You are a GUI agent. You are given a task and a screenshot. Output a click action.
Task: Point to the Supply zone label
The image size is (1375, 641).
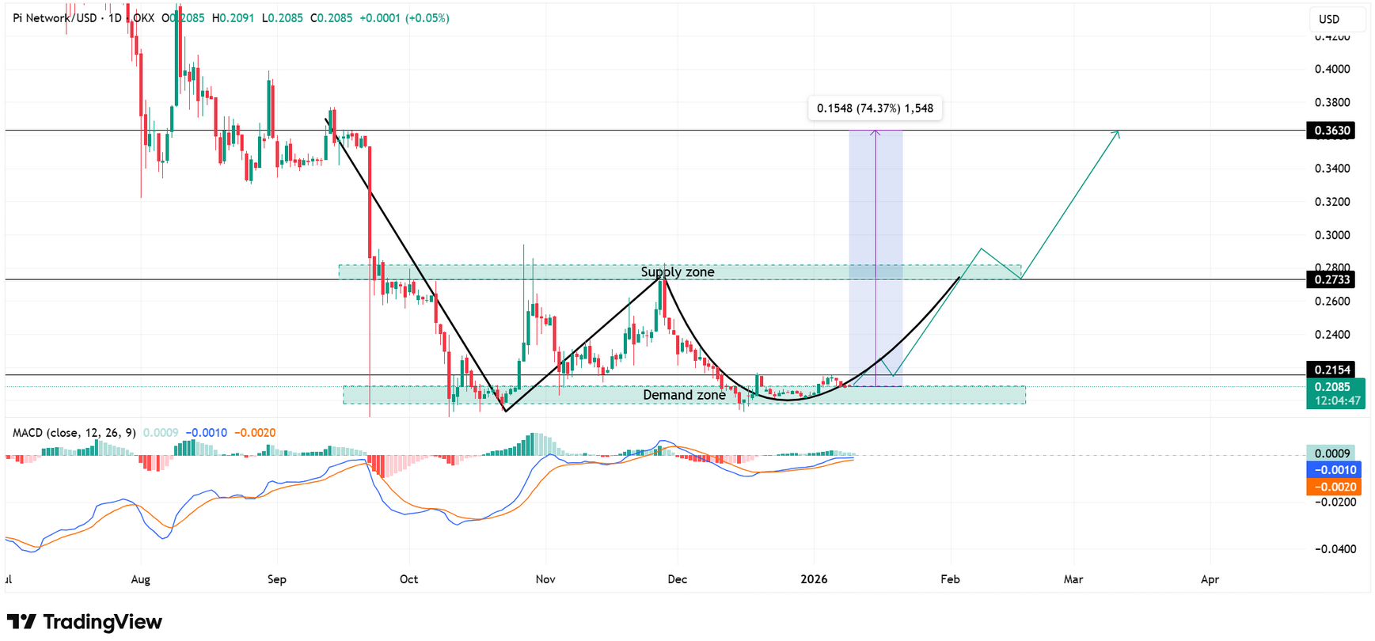point(678,272)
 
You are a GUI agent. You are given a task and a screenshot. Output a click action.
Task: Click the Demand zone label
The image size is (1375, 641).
point(684,395)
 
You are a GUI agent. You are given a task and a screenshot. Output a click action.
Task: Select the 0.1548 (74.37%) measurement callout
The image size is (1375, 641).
point(875,108)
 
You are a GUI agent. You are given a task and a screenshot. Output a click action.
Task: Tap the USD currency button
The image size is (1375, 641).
point(1329,19)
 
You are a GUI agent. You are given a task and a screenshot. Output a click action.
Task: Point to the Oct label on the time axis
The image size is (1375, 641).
point(408,579)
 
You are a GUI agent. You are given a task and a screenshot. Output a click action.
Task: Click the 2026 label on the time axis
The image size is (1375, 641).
point(814,579)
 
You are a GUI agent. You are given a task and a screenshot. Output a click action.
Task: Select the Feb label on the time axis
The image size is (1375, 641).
point(950,579)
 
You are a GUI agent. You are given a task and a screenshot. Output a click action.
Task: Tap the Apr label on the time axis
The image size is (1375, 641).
point(1210,579)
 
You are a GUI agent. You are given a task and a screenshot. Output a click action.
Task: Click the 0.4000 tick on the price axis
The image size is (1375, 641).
point(1332,70)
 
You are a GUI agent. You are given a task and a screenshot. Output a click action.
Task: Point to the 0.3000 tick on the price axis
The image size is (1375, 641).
point(1332,235)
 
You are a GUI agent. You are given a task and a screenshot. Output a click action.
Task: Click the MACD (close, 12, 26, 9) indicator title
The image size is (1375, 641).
point(74,433)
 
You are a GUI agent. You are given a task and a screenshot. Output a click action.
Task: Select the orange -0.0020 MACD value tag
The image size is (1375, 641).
point(1333,487)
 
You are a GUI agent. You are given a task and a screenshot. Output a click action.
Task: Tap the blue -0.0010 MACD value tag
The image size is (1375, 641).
point(1333,470)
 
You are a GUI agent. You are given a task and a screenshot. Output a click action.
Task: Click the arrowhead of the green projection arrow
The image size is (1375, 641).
point(1117,133)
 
